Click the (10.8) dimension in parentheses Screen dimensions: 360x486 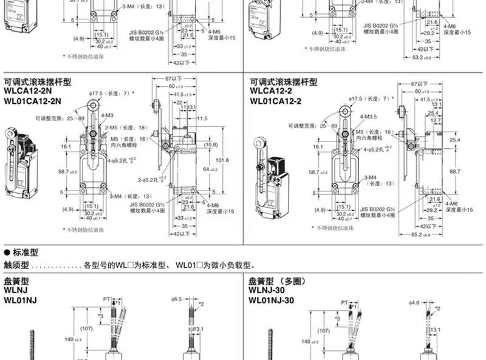pos(211,145)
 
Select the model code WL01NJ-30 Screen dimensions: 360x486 pos(275,301)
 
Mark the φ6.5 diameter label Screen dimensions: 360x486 pos(177,300)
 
